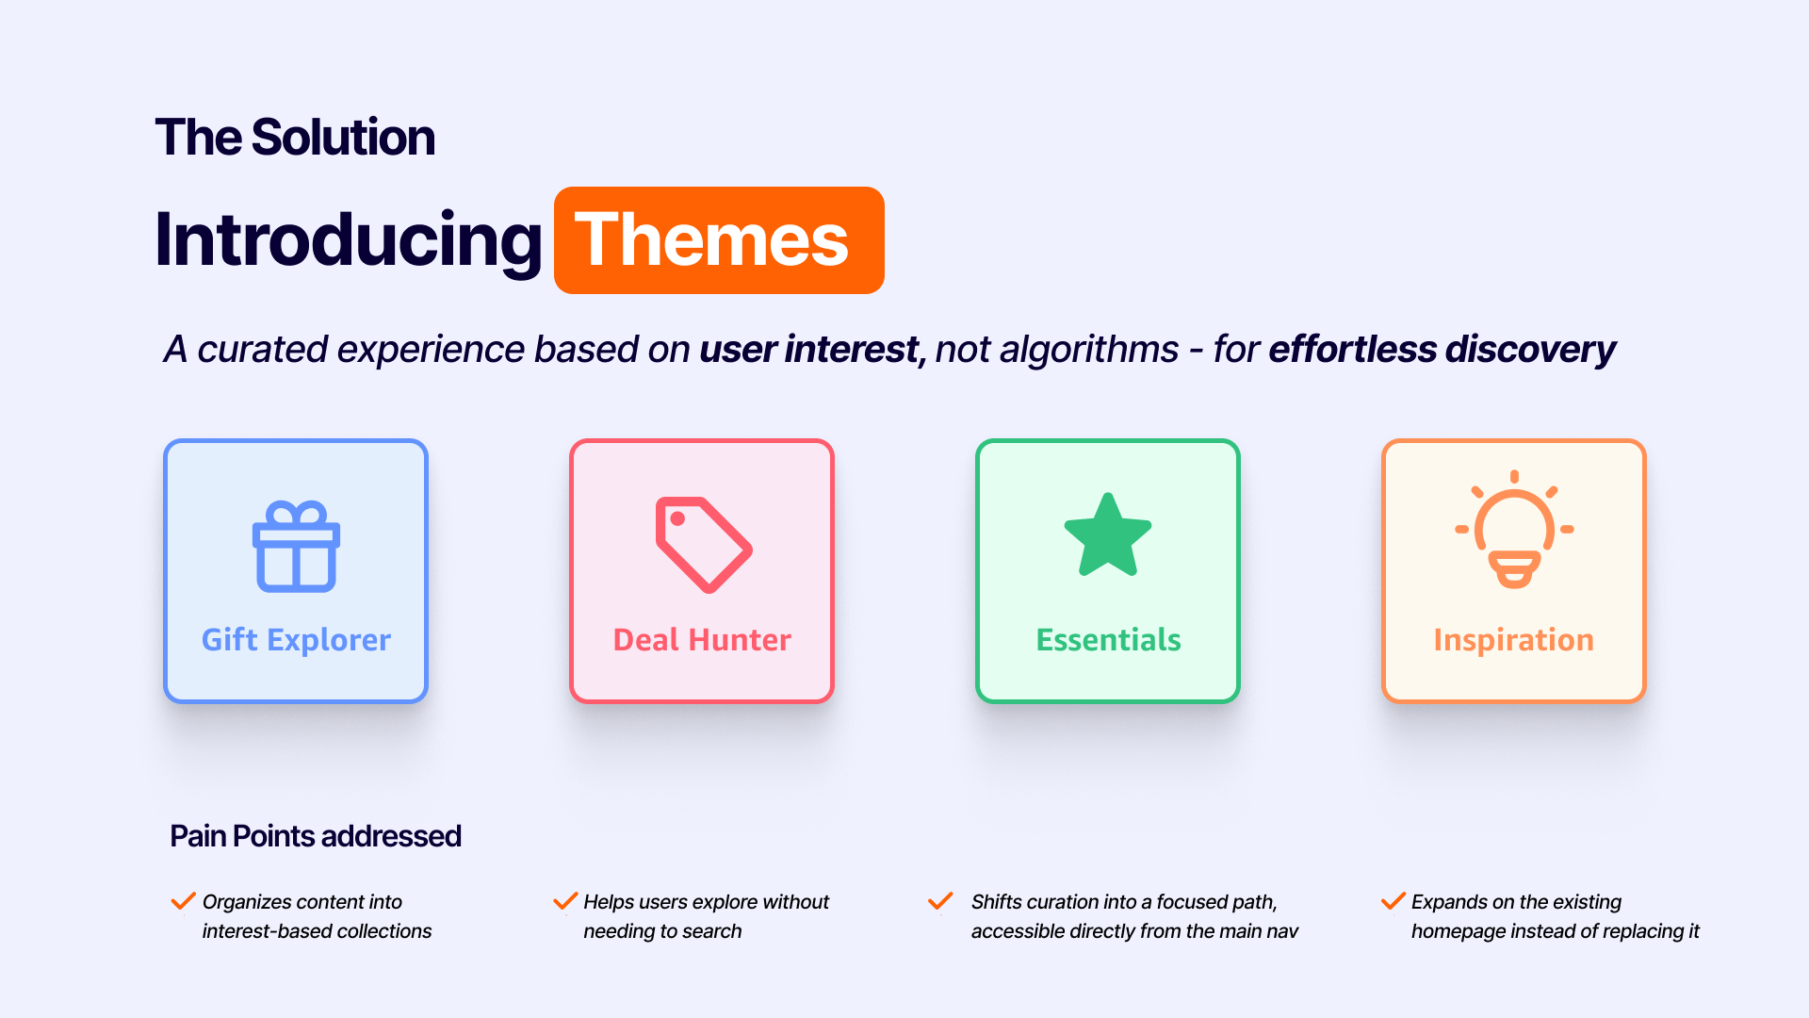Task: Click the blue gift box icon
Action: coord(296,549)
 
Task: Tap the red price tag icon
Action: coord(703,544)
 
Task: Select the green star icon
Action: coord(1108,535)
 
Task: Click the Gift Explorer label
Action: coord(296,640)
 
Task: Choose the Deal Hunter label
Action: coord(702,640)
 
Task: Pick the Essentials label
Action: coord(1108,640)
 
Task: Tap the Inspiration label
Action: coord(1513,640)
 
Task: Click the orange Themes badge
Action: coord(719,240)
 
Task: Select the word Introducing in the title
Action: coord(349,240)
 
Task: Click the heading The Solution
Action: coord(295,138)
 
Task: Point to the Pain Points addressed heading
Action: coord(316,836)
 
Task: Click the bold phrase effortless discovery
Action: coord(1442,350)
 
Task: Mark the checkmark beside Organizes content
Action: coord(183,901)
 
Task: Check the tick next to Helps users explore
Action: coord(565,901)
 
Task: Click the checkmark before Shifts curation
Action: coord(940,901)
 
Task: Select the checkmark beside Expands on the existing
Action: coord(1393,901)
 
